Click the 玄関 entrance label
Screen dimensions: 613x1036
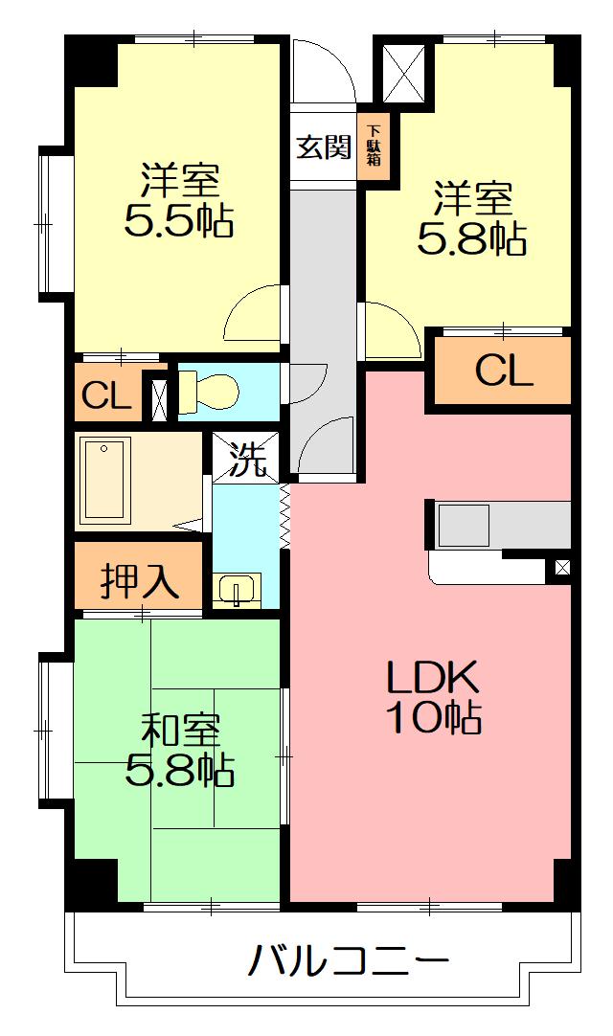click(x=323, y=146)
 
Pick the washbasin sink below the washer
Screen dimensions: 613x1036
click(x=237, y=590)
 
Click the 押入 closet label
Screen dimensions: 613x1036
click(x=140, y=582)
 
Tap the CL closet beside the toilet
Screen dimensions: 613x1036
click(x=106, y=395)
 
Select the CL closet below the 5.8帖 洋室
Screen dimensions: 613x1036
click(x=503, y=371)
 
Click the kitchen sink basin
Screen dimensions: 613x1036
click(x=465, y=526)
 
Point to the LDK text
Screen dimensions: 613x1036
click(x=432, y=679)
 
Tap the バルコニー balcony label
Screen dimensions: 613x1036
click(x=349, y=961)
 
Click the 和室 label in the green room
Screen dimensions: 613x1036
click(x=180, y=731)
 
